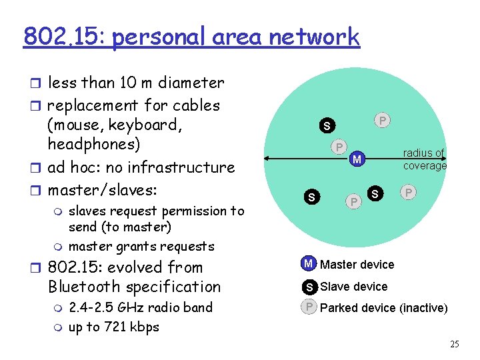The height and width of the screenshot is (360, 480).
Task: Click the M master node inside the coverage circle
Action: pos(357,159)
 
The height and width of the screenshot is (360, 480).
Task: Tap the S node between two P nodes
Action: pos(376,193)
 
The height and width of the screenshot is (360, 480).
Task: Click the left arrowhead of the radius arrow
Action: pos(267,159)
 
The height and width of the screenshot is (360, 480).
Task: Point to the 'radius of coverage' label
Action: pos(424,159)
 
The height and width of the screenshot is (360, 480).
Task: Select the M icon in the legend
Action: pos(308,264)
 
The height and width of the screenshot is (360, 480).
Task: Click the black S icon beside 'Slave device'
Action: pos(309,287)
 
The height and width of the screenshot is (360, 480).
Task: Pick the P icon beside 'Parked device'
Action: pos(309,307)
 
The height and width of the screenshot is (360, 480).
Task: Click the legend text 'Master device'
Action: pos(357,265)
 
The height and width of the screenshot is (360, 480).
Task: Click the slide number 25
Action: pos(455,345)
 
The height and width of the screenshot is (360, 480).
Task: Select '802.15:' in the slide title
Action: pos(64,37)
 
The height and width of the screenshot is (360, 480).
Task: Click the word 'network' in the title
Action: pos(314,37)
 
